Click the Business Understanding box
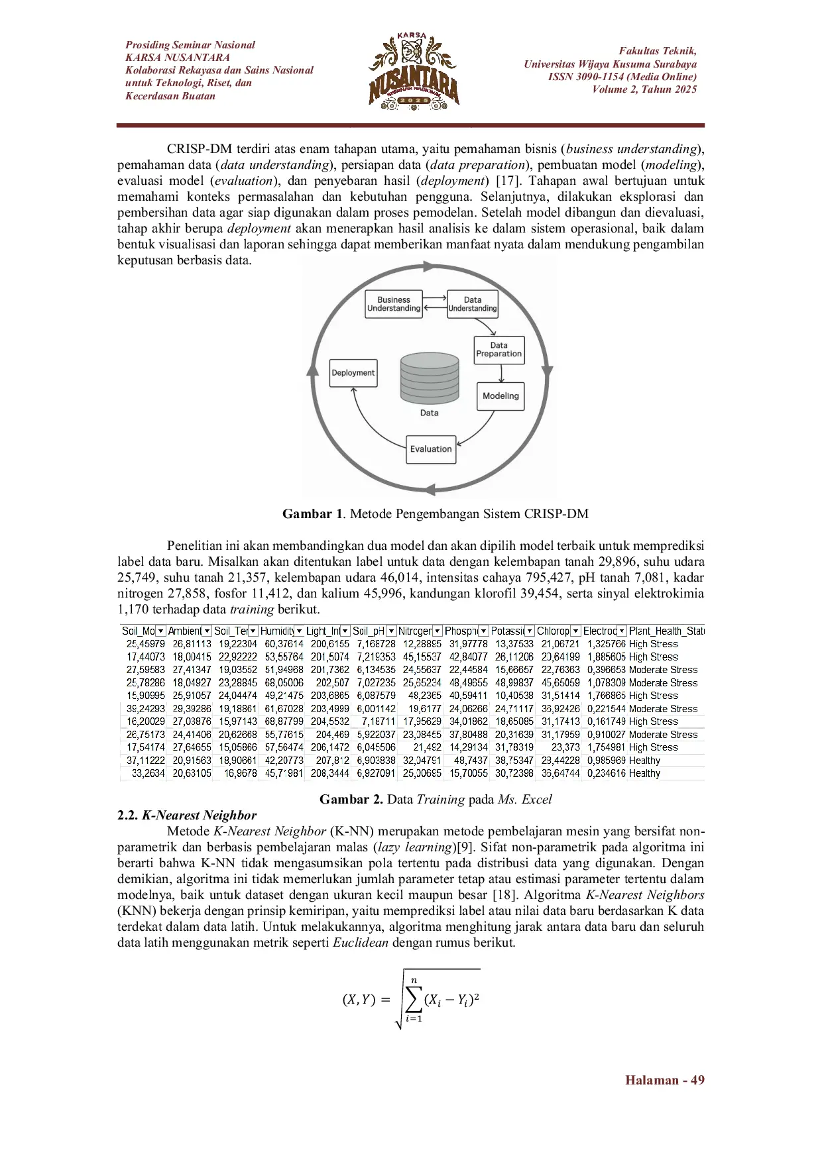coord(394,304)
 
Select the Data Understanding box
coord(473,304)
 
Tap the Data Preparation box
coord(499,350)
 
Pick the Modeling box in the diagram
coord(500,396)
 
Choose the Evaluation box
coord(431,449)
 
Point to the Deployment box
coord(353,373)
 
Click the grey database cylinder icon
coord(430,378)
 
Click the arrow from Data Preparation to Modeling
coord(501,374)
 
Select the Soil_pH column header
coord(369,631)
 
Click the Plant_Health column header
coord(666,631)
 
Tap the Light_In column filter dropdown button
coord(345,631)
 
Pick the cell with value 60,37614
coord(284,644)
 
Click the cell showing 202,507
coord(332,682)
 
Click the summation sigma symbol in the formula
coord(414,1000)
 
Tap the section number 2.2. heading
coord(127,816)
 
